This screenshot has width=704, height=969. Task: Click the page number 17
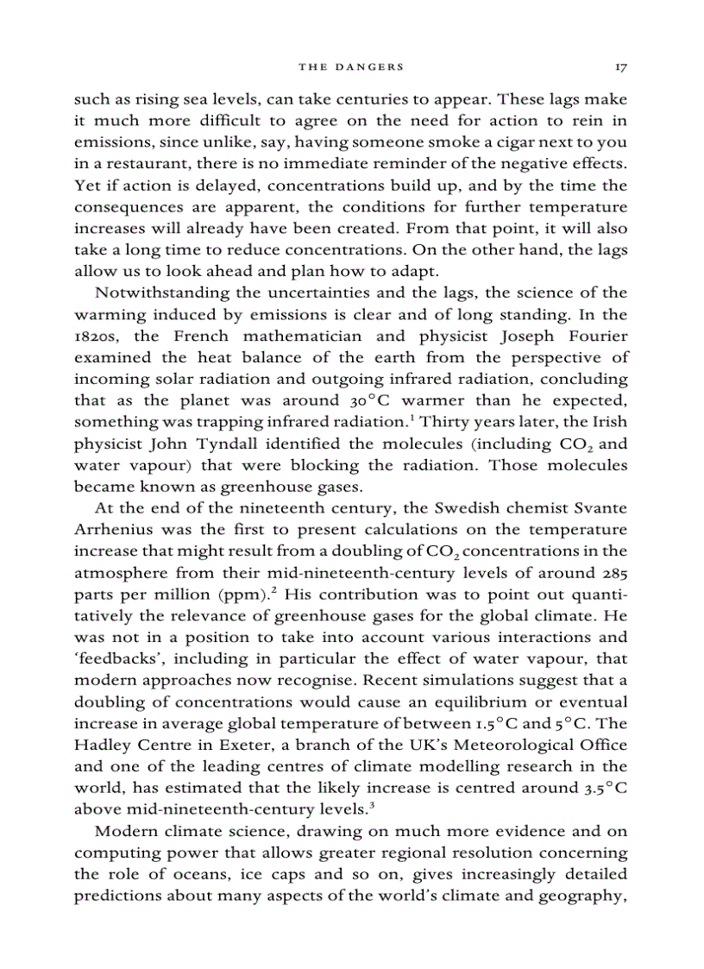click(620, 66)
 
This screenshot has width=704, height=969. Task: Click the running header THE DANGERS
click(351, 66)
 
